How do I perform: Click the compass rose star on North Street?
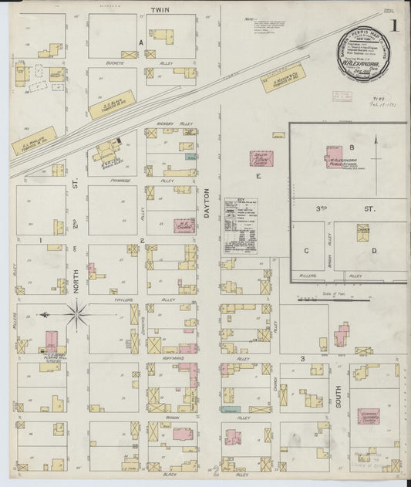click(x=76, y=313)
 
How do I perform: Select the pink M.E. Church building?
click(x=184, y=225)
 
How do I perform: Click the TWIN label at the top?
click(x=160, y=9)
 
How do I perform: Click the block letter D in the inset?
click(x=374, y=251)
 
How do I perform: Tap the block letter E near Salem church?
click(x=259, y=177)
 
